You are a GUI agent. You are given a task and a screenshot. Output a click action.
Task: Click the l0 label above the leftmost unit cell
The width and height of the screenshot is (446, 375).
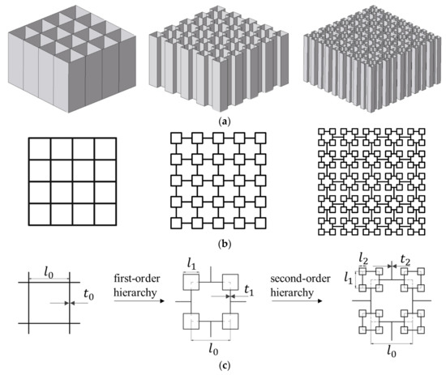[50, 266]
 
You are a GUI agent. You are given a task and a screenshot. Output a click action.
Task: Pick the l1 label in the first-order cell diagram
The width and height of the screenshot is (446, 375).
[191, 265]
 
